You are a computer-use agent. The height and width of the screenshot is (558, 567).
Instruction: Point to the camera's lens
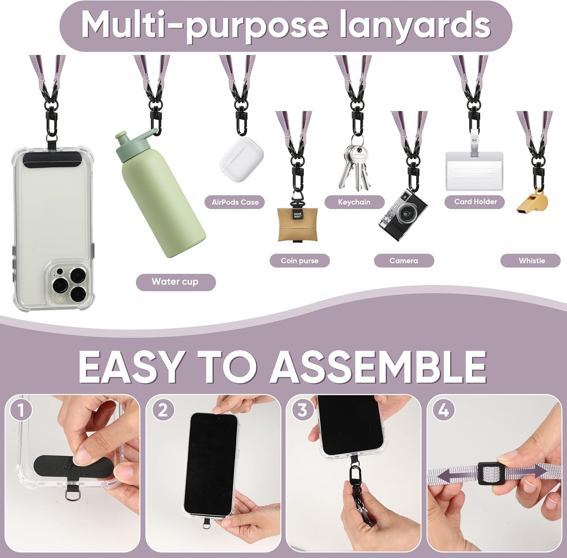pyautogui.click(x=406, y=214)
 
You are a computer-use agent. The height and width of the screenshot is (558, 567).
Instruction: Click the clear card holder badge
pyautogui.click(x=474, y=171)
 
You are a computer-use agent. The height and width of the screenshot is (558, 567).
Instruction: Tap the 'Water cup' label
pyautogui.click(x=175, y=282)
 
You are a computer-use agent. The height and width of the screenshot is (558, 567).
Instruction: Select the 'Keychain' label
pyautogui.click(x=354, y=202)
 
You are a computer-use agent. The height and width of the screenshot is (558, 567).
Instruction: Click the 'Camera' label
pyautogui.click(x=403, y=261)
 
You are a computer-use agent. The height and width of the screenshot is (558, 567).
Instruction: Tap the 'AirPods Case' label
pyautogui.click(x=235, y=202)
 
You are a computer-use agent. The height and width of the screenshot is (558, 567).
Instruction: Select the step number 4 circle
pyautogui.click(x=443, y=411)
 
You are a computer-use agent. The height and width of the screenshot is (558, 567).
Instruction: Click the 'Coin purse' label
pyautogui.click(x=299, y=261)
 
